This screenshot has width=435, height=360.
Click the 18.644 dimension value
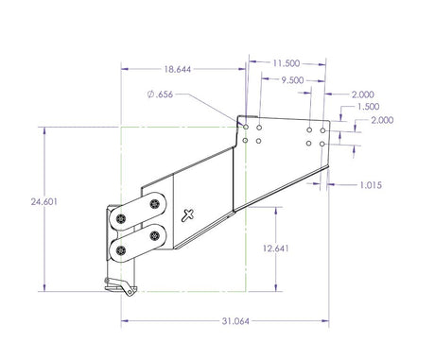[177, 69]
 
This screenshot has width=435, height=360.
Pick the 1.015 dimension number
[370, 185]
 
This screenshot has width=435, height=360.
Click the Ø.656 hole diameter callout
[161, 94]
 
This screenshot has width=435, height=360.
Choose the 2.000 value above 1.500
[362, 94]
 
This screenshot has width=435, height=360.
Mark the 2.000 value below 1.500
[382, 121]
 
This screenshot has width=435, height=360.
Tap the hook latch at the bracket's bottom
[118, 284]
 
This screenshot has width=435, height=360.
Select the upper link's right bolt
[155, 203]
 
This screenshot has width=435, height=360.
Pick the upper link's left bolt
[123, 217]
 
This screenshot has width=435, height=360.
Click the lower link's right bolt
[154, 234]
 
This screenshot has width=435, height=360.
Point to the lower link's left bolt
[123, 249]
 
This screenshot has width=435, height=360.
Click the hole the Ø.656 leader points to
[245, 127]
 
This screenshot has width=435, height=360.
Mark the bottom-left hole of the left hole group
[245, 142]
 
